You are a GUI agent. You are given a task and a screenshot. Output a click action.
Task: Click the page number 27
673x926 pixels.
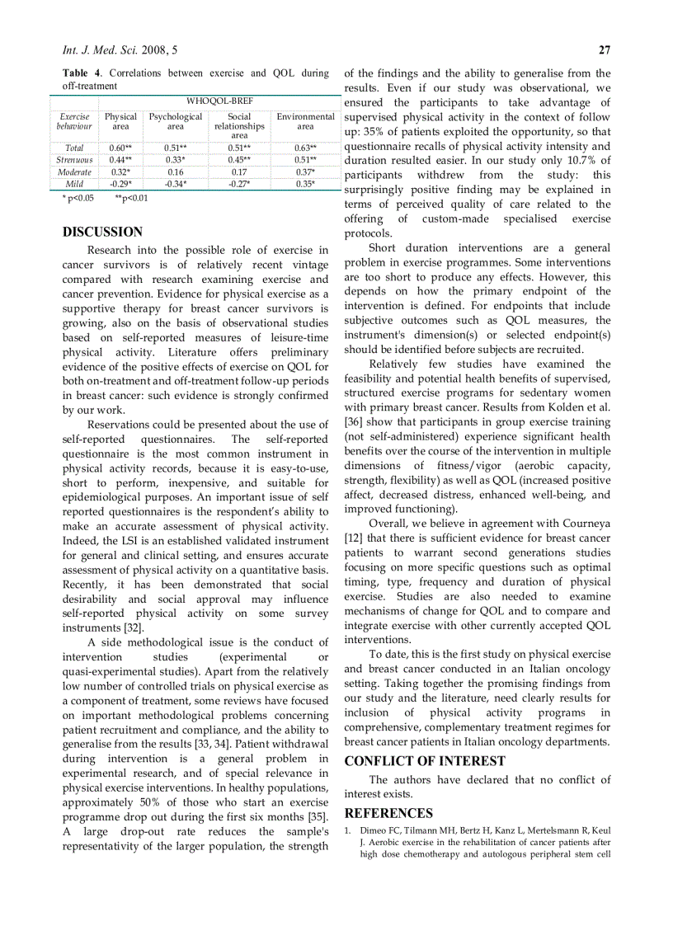coord(604,49)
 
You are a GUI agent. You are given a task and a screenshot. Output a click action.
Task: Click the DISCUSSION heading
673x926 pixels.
coord(102,232)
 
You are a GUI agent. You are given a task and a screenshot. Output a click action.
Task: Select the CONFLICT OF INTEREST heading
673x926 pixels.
coord(425,760)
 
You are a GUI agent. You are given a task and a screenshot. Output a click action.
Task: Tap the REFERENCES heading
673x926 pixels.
coord(388,813)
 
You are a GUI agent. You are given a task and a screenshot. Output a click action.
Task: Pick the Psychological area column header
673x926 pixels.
coord(175,122)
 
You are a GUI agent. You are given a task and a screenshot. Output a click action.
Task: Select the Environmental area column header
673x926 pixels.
coord(305,122)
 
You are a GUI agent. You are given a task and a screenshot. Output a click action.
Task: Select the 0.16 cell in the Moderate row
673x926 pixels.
coord(175,172)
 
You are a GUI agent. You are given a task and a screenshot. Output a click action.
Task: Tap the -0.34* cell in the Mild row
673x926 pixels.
coord(175,184)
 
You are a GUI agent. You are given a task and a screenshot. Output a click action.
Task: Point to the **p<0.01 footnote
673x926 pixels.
coord(132,198)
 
